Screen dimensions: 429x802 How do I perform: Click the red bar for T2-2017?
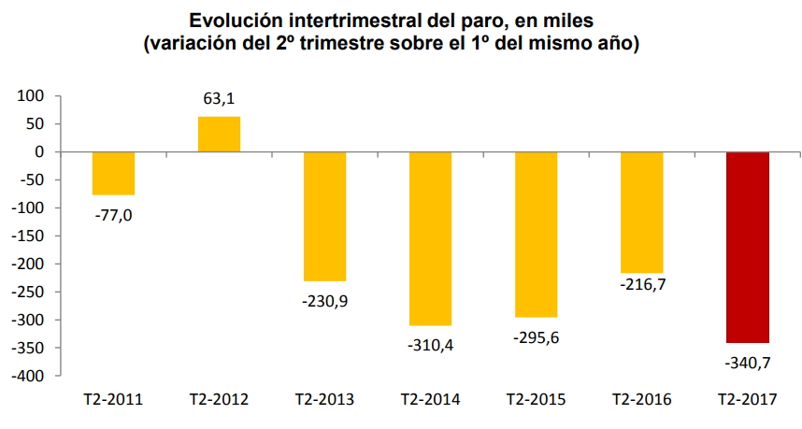[747, 248]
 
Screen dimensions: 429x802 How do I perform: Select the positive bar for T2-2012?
[219, 134]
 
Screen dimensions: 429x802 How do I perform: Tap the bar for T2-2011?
[113, 173]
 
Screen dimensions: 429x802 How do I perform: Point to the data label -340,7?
[747, 362]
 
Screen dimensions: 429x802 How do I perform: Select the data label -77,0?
[113, 214]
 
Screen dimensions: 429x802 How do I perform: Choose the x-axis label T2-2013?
[324, 400]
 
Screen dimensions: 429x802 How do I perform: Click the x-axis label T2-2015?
[536, 400]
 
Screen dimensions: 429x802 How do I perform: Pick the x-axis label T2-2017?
[747, 400]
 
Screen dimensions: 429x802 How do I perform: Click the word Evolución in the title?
[236, 20]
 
